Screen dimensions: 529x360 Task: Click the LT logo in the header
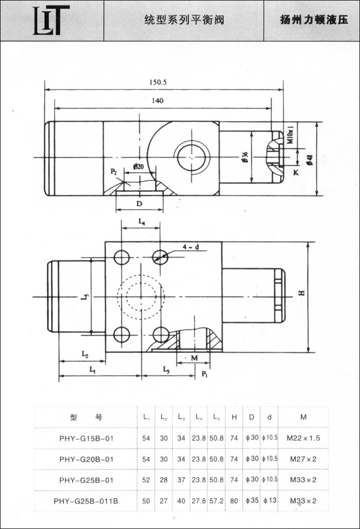[51, 21]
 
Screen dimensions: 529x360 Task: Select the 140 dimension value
[157, 101]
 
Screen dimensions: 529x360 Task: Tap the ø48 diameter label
[310, 159]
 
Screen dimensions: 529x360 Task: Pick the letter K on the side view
[296, 173]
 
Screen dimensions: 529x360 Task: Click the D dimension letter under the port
[139, 204]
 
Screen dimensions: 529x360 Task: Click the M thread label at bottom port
[194, 357]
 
